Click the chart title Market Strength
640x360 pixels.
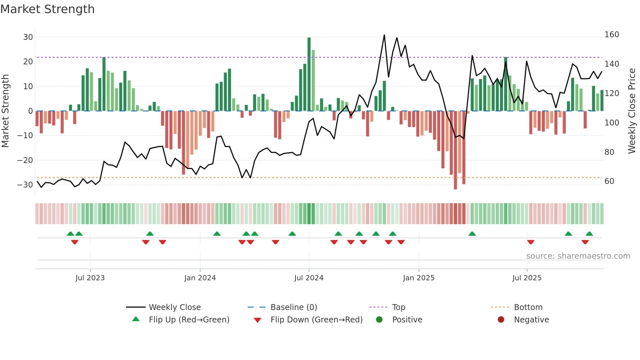point(47,9)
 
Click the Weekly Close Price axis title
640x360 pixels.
point(632,111)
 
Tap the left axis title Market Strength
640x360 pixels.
point(5,111)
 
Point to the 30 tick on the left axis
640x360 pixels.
point(28,37)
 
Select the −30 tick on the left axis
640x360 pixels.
point(25,185)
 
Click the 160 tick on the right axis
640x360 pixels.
point(612,35)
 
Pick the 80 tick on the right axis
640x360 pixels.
point(609,152)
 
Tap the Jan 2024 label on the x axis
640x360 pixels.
point(200,278)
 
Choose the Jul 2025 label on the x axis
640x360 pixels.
point(527,278)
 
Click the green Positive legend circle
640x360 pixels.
point(379,319)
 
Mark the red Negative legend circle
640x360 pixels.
point(501,319)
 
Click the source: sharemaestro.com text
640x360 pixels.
point(578,256)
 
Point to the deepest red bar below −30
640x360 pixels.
point(455,150)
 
